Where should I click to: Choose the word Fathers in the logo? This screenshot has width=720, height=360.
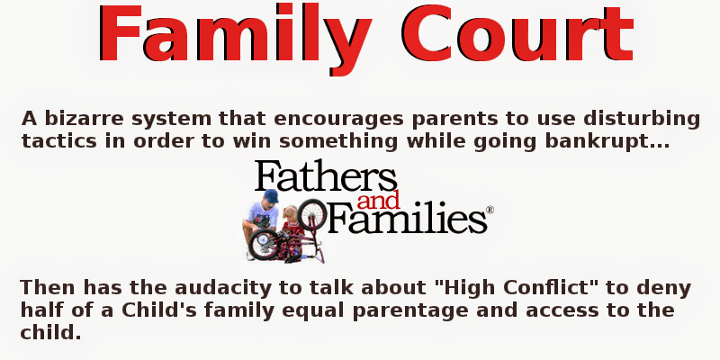pos(326,178)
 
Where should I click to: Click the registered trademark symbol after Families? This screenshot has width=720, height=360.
pos(490,211)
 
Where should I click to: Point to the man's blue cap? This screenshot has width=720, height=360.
pos(271,196)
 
